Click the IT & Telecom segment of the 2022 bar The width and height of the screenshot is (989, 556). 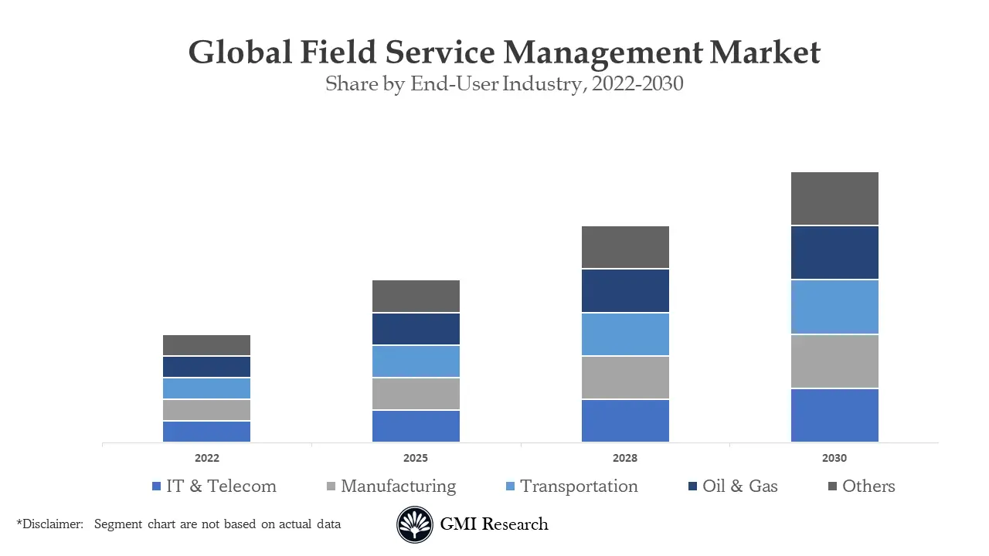pos(206,431)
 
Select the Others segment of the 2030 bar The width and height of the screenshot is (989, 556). pos(834,198)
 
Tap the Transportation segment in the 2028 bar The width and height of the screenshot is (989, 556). pos(625,334)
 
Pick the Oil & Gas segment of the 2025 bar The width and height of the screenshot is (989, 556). pos(416,329)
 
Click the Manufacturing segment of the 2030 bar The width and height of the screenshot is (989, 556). pos(834,361)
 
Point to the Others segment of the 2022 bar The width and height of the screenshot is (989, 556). pos(206,345)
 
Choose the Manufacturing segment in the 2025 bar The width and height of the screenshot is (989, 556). pos(416,394)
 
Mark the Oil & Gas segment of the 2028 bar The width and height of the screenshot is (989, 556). pos(625,291)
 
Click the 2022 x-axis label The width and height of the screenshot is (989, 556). pos(206,458)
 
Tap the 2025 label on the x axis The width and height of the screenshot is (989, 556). pos(416,458)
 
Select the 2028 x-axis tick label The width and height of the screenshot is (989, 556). pos(625,458)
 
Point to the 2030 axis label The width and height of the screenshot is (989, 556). pos(834,458)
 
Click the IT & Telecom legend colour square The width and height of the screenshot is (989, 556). pos(157,486)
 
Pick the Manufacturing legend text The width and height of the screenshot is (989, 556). pos(398,486)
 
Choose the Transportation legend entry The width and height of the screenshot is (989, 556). pos(579,486)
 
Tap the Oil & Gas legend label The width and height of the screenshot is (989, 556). pos(739,486)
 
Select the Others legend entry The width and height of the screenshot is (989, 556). pos(868,486)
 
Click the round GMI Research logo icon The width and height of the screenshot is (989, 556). pos(415,525)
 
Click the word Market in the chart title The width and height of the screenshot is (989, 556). pos(764,53)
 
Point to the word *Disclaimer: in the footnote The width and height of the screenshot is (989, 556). pos(49,524)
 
